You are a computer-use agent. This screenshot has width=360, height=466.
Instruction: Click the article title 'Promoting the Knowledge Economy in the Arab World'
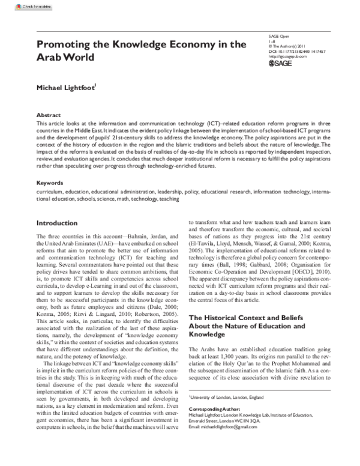(141, 50)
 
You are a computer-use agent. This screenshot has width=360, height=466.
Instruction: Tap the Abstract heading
(49, 113)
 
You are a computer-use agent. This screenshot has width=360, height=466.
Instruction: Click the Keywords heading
(50, 182)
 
